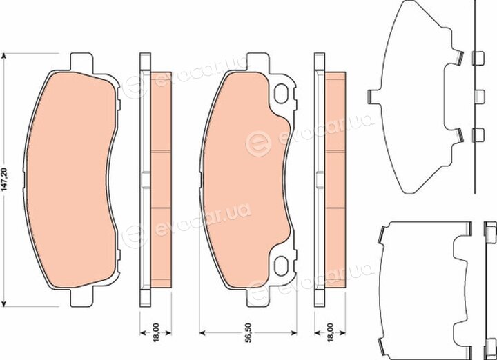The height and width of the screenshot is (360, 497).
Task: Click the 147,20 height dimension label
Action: tap(4, 180)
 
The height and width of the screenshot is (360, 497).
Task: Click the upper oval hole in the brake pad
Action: tap(281, 94)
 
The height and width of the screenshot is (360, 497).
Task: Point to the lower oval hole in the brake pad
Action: tap(281, 266)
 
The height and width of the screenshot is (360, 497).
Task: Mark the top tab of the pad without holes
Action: tap(81, 62)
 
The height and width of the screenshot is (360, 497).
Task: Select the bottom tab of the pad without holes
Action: tap(81, 297)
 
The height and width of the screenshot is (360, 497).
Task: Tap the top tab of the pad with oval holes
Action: tap(257, 62)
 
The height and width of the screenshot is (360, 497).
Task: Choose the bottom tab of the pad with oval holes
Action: tap(257, 297)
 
